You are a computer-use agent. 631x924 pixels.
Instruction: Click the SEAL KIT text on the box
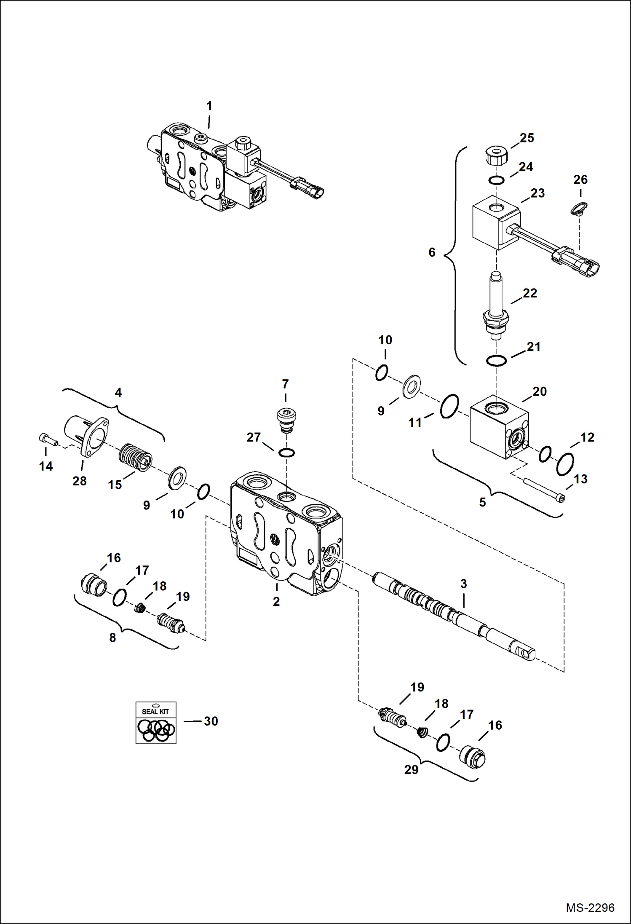point(155,711)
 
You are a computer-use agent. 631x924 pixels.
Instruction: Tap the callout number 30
point(211,721)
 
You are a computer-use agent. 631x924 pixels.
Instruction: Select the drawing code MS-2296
point(590,908)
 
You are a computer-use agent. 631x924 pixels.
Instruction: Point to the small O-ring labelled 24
point(496,180)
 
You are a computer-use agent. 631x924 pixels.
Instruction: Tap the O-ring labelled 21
point(496,361)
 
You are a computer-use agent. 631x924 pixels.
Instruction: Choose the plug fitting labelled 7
point(286,420)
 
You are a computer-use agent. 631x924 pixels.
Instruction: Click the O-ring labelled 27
point(286,453)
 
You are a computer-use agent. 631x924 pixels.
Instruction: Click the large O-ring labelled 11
point(449,406)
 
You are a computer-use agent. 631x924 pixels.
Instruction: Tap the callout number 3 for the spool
point(463,584)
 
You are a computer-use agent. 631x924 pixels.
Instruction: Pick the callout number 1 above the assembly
point(209,106)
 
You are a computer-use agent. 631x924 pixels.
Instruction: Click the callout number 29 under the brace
point(411,770)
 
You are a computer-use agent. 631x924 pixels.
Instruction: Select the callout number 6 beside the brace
point(432,252)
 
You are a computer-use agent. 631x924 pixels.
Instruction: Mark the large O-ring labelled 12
point(565,464)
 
